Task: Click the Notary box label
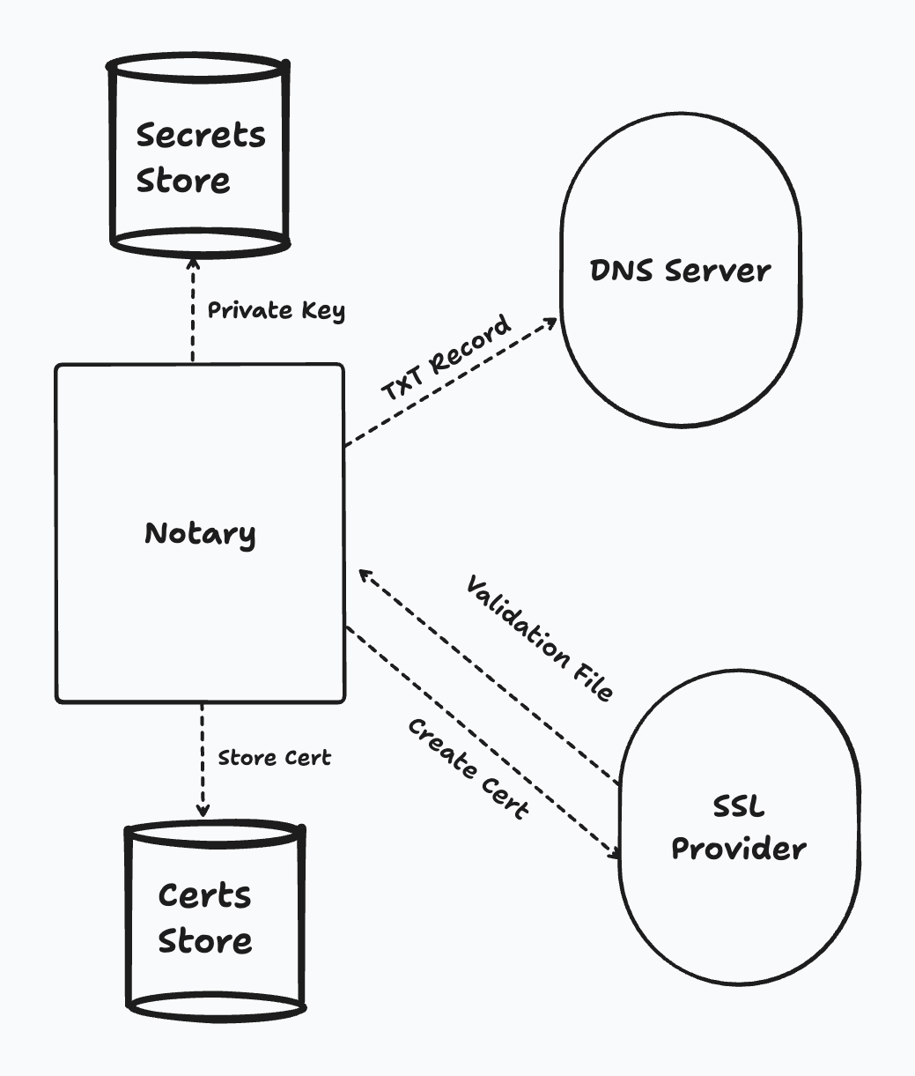(x=200, y=534)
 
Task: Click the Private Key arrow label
(x=276, y=311)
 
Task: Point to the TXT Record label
(x=446, y=358)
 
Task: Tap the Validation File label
(x=539, y=638)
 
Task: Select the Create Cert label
(x=469, y=768)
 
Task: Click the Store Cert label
(x=274, y=758)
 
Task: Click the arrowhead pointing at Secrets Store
(x=192, y=263)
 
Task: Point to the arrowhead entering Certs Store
(x=203, y=809)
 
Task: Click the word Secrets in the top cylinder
(x=201, y=136)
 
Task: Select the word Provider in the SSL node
(x=739, y=850)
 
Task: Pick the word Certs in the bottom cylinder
(x=205, y=896)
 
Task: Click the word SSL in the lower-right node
(x=738, y=807)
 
